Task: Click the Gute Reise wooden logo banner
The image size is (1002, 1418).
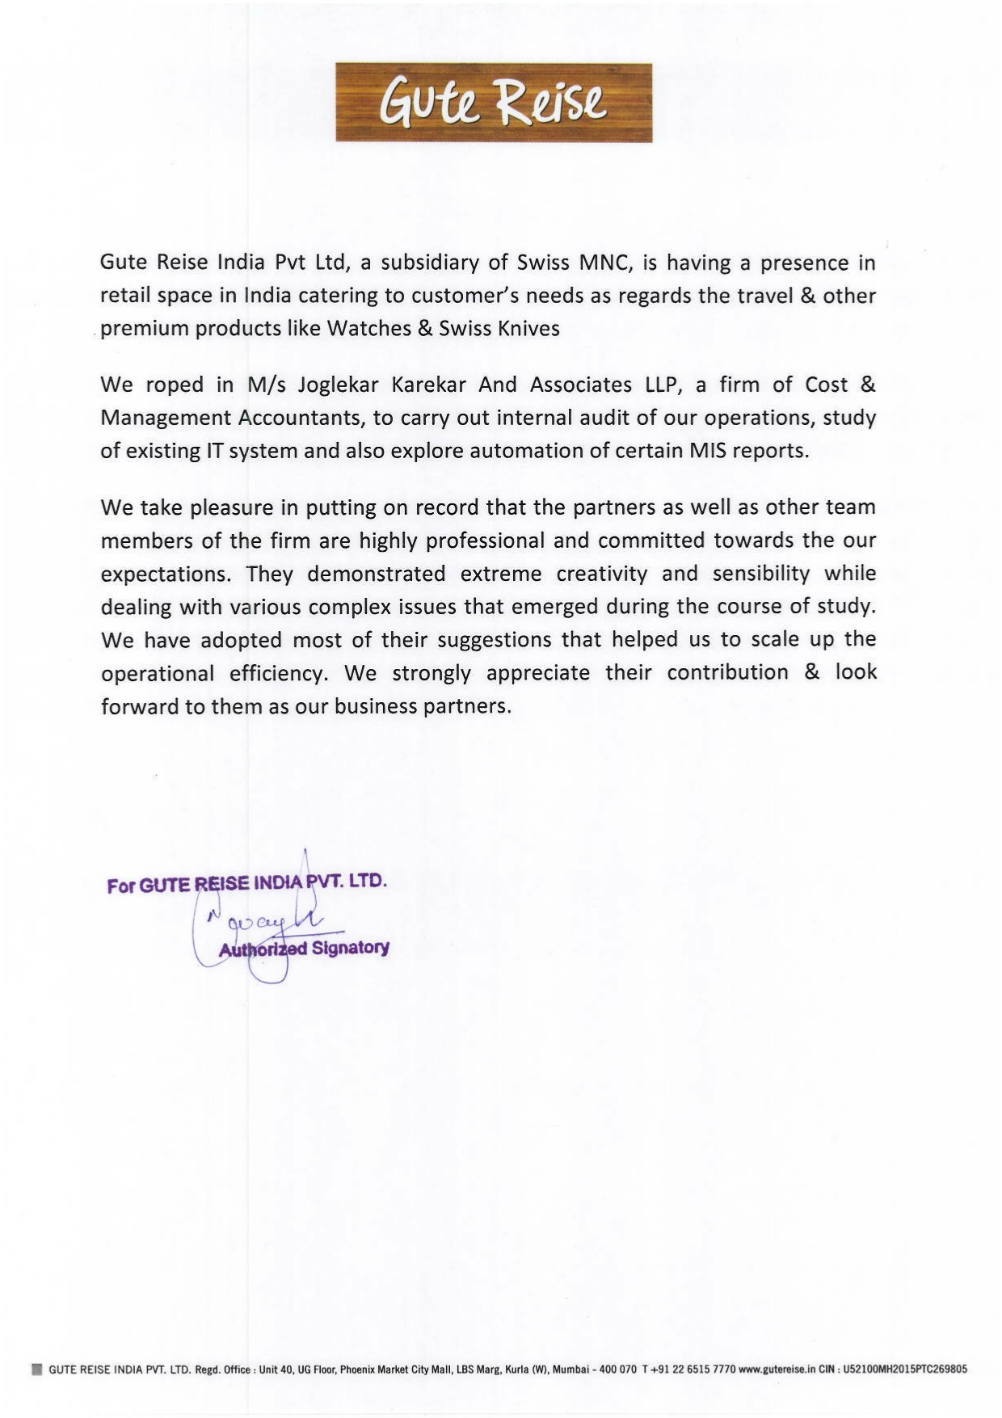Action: pyautogui.click(x=494, y=103)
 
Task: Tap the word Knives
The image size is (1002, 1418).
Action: pyautogui.click(x=526, y=329)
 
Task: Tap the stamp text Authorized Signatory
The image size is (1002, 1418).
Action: pyautogui.click(x=304, y=949)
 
